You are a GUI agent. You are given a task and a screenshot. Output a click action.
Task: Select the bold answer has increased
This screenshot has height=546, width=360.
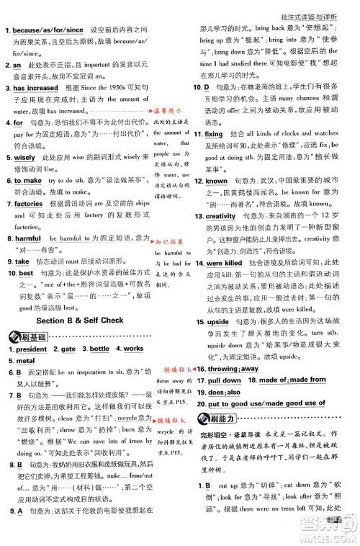tap(39, 89)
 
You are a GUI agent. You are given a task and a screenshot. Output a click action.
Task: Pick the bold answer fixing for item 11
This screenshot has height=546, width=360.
tap(214, 134)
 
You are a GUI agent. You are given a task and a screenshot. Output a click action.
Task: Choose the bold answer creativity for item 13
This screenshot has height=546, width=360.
tap(220, 216)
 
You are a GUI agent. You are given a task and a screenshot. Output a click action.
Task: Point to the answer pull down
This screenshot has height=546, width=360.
tap(225, 380)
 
